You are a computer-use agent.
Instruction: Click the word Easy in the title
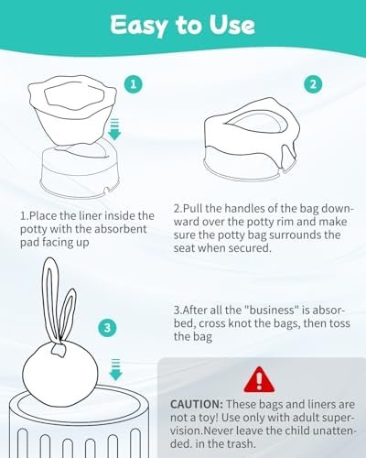(x=139, y=26)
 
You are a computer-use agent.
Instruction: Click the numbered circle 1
(x=134, y=84)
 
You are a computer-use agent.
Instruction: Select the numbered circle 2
(x=313, y=84)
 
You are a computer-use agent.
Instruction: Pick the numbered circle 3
(x=107, y=328)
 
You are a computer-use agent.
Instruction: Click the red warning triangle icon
(x=259, y=379)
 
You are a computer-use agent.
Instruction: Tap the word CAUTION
(x=197, y=404)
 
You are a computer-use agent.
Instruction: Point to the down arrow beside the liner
(x=114, y=130)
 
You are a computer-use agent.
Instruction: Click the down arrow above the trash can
(x=115, y=369)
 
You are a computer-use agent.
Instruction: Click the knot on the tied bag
(x=59, y=349)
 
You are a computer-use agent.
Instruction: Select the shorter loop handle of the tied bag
(x=68, y=313)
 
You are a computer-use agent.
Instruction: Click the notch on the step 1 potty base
(x=106, y=191)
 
